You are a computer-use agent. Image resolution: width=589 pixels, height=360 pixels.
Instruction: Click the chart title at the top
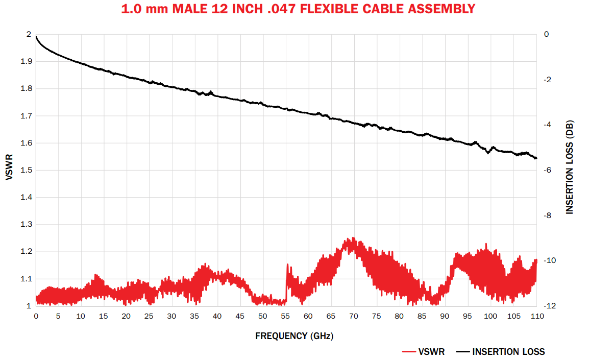(x=298, y=9)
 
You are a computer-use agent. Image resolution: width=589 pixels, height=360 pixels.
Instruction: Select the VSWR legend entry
(x=423, y=352)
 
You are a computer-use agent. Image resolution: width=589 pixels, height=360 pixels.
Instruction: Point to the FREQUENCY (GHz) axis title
(x=286, y=336)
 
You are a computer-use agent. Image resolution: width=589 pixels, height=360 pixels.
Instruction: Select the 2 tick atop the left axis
(x=29, y=34)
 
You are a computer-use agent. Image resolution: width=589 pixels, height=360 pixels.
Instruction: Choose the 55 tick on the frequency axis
(x=286, y=316)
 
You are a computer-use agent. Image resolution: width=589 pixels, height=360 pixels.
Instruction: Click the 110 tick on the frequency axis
(x=536, y=316)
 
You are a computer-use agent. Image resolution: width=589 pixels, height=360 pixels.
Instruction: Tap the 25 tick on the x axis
(x=149, y=316)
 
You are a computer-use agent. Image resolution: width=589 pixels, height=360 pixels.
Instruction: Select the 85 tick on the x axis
(x=422, y=316)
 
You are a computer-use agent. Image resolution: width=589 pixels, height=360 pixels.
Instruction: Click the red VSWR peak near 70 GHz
(x=351, y=238)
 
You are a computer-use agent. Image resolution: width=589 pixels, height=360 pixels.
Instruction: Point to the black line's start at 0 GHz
(x=36, y=36)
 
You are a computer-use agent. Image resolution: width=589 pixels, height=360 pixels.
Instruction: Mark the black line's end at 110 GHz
(x=536, y=158)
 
